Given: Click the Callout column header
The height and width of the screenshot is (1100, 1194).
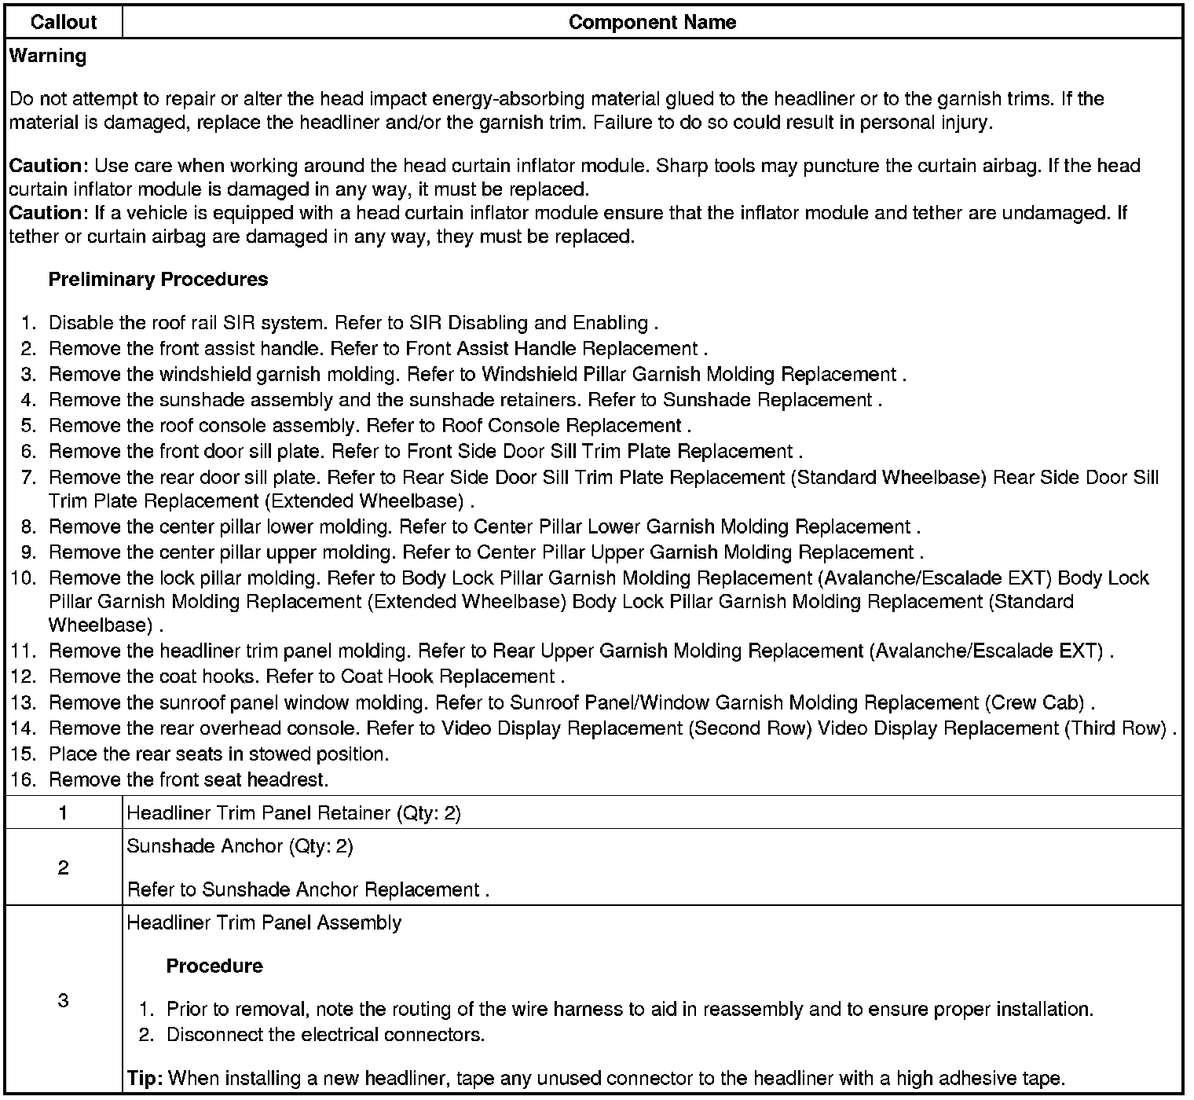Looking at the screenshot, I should [64, 22].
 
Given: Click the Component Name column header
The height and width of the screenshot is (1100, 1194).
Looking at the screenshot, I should [652, 22].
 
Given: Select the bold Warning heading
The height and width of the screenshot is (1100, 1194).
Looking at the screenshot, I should [48, 56].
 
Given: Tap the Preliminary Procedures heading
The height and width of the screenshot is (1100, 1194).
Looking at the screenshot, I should [158, 280].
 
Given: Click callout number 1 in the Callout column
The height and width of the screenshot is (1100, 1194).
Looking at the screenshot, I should [63, 813].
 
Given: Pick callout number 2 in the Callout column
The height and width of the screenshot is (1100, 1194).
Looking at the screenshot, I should [63, 868].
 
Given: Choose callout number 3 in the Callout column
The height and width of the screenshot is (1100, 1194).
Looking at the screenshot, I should [63, 1001].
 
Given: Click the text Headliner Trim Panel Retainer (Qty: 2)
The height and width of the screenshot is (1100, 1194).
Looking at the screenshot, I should [294, 813].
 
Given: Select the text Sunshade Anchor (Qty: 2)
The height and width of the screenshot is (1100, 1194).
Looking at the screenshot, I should [240, 846].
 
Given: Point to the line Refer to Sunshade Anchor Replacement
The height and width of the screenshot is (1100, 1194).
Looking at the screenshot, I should [308, 890].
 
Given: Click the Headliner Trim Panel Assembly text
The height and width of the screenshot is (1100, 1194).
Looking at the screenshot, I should [264, 923].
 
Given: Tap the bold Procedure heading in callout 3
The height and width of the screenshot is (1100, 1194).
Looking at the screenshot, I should [214, 966].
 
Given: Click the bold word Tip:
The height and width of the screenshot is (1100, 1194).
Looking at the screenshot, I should [145, 1079].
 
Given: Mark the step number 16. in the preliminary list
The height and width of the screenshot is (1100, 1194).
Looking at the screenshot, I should [24, 780].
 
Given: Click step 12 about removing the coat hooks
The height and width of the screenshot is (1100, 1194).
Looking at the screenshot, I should [306, 676].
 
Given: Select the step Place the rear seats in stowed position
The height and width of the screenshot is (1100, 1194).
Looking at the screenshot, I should [218, 754].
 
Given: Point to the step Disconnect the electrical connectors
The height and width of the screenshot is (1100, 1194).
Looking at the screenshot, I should [325, 1035].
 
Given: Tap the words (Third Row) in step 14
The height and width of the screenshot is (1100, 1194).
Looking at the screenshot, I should [1115, 728].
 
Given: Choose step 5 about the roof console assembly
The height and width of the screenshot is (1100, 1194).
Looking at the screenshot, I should [369, 426].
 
